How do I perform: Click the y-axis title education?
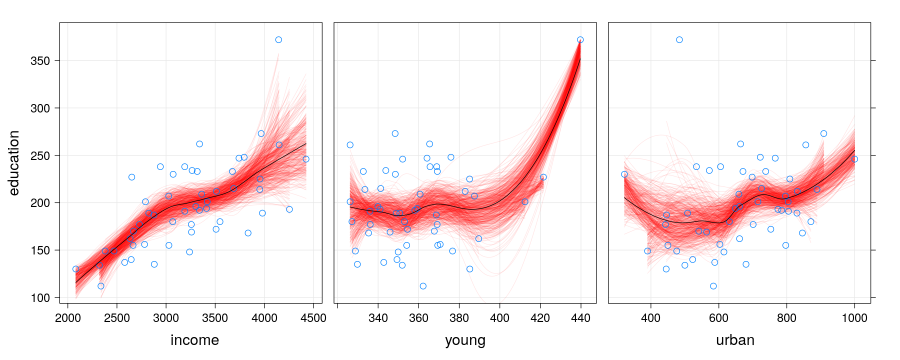click(x=14, y=162)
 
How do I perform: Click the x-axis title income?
click(x=194, y=340)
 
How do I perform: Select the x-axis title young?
click(x=465, y=340)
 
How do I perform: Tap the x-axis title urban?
click(x=735, y=340)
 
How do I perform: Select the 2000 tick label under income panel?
click(x=68, y=318)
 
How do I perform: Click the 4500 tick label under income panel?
click(x=313, y=318)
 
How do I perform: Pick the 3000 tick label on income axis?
click(x=166, y=318)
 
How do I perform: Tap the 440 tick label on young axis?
click(x=580, y=318)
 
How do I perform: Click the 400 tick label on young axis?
click(x=499, y=318)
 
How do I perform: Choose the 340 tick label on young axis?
click(x=378, y=318)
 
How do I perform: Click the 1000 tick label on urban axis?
click(x=854, y=318)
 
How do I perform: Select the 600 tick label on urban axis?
click(x=718, y=318)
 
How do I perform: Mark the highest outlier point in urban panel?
click(x=679, y=40)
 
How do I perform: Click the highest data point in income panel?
click(x=278, y=40)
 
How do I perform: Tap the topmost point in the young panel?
click(x=580, y=40)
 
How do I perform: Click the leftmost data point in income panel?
click(x=75, y=269)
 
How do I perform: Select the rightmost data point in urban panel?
click(x=854, y=159)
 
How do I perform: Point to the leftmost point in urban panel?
click(x=624, y=174)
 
